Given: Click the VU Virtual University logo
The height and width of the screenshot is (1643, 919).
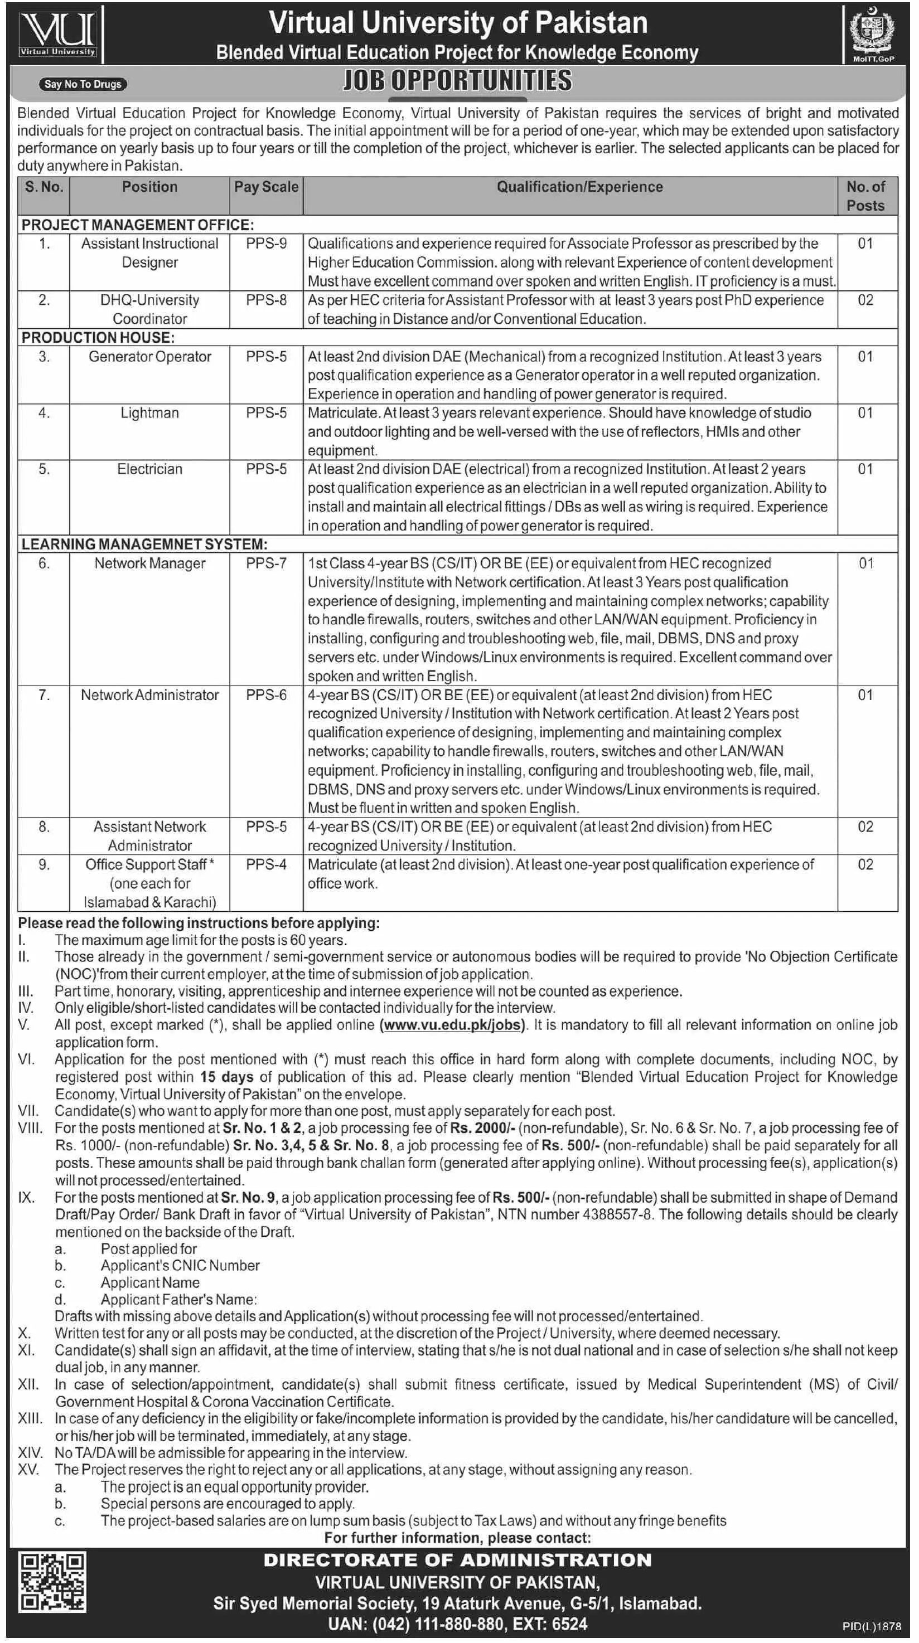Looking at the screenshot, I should pyautogui.click(x=57, y=35).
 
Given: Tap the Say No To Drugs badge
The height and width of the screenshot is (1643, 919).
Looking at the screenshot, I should pyautogui.click(x=83, y=84).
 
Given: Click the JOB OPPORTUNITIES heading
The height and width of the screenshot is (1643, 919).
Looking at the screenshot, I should pyautogui.click(x=458, y=81).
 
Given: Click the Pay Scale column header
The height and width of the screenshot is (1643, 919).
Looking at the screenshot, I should pyautogui.click(x=266, y=187).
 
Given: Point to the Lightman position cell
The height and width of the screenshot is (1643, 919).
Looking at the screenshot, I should pyautogui.click(x=149, y=414).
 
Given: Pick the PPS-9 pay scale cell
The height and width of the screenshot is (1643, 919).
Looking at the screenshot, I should pyautogui.click(x=266, y=244).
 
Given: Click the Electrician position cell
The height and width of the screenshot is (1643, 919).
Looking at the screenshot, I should pyautogui.click(x=149, y=469).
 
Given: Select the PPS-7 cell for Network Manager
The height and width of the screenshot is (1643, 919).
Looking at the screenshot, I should pyautogui.click(x=266, y=564).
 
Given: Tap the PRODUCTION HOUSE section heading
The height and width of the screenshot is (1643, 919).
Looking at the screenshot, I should pyautogui.click(x=98, y=337).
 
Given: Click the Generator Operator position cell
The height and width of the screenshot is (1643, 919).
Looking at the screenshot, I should pyautogui.click(x=149, y=357).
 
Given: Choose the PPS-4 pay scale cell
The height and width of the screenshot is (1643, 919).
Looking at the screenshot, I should pyautogui.click(x=266, y=865).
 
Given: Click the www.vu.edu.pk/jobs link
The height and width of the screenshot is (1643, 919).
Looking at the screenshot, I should pyautogui.click(x=452, y=1025).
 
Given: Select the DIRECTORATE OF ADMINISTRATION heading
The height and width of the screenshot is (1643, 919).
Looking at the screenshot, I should pyautogui.click(x=458, y=1560).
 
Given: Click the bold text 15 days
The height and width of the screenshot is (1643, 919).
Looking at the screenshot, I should pyautogui.click(x=226, y=1077).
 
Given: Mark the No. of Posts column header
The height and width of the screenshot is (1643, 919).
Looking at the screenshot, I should pyautogui.click(x=865, y=196).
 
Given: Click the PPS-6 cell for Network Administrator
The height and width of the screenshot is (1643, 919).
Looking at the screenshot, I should pyautogui.click(x=266, y=695).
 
